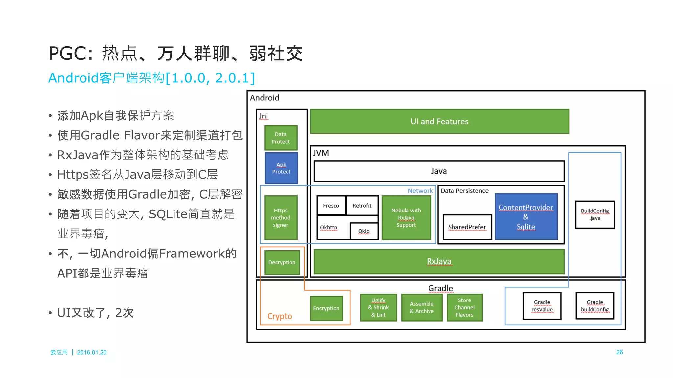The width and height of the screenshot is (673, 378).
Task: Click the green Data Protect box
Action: point(281,138)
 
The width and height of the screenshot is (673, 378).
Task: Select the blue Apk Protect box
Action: point(281,168)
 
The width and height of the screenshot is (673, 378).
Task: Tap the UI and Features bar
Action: point(439,122)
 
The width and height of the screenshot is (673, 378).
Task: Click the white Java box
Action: point(439,171)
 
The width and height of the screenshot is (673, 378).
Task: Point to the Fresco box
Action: point(331,206)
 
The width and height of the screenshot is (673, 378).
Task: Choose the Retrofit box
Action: point(362,206)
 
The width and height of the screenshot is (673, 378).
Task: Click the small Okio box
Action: point(364,231)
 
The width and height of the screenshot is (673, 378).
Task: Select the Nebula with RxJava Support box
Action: point(406,218)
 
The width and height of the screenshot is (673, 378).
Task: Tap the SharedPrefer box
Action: point(467,227)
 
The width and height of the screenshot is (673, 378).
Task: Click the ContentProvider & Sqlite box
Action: point(526,217)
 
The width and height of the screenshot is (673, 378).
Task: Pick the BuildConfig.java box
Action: point(594,214)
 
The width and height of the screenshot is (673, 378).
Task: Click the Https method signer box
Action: point(281,218)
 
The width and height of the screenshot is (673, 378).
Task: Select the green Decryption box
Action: point(282,262)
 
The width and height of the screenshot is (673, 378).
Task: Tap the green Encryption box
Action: point(326,308)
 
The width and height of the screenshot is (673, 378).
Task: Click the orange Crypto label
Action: point(280,316)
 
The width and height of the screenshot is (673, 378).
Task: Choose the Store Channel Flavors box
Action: point(464,307)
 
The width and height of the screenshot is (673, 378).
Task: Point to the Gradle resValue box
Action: point(542,306)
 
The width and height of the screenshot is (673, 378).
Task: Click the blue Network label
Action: point(420,191)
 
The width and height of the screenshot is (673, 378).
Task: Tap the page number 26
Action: point(619,352)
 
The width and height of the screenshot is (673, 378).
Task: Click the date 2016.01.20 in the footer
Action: point(92,352)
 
